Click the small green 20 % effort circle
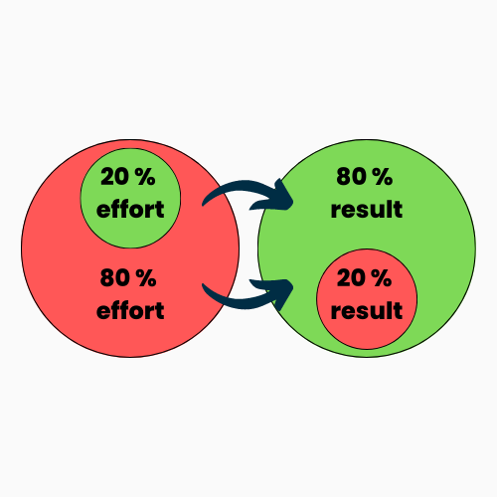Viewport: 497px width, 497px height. (x=130, y=198)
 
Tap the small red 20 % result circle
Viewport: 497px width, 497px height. (x=367, y=299)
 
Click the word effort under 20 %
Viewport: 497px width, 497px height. (x=130, y=209)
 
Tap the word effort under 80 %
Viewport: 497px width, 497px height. (x=130, y=310)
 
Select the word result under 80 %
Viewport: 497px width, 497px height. (x=367, y=209)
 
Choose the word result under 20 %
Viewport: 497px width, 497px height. (x=367, y=310)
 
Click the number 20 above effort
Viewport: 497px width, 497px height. (x=115, y=177)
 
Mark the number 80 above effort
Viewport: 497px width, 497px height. (x=115, y=277)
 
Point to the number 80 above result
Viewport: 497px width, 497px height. (x=351, y=177)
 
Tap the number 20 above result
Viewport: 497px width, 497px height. (x=351, y=277)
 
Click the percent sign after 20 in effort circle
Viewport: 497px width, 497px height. (x=145, y=177)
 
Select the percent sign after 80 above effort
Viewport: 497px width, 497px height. (x=146, y=277)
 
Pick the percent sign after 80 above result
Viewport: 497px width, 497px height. (x=382, y=177)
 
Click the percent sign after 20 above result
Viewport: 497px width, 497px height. (x=382, y=277)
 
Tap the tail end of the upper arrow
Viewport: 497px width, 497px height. (x=203, y=205)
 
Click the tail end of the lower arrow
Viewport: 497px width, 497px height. (x=203, y=284)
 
